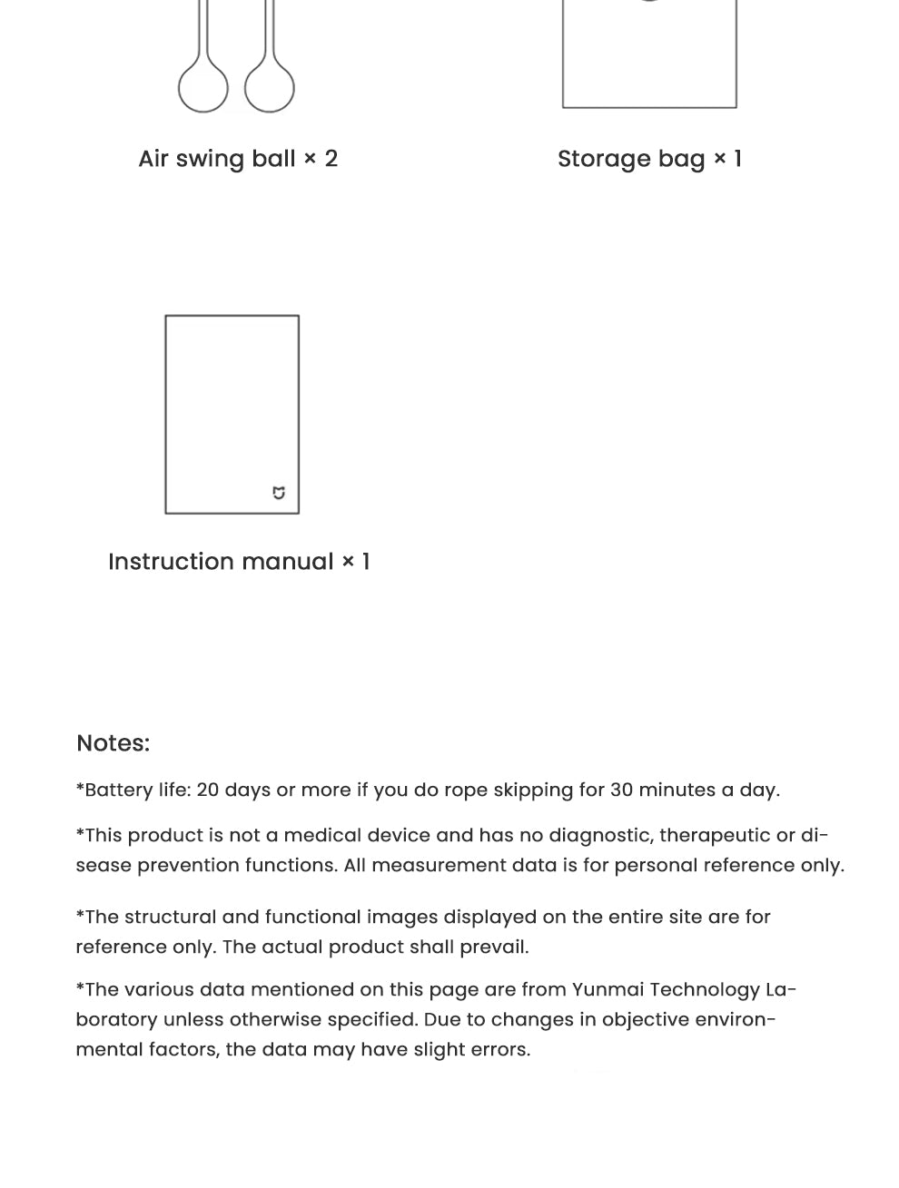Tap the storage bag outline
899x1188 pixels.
tap(649, 54)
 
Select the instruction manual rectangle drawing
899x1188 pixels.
tap(232, 414)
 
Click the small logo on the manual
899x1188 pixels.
tap(279, 493)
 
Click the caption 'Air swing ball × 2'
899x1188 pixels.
tap(238, 159)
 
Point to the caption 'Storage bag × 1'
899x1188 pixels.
tap(649, 159)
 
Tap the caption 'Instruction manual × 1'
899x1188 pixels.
tap(239, 562)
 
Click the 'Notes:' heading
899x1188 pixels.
tap(113, 743)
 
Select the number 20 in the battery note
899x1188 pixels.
tap(207, 790)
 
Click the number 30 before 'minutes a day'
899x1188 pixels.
tap(621, 790)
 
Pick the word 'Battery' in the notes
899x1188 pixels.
tap(118, 790)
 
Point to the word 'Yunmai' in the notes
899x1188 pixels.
tap(608, 989)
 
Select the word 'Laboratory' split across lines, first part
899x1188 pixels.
tap(781, 989)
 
